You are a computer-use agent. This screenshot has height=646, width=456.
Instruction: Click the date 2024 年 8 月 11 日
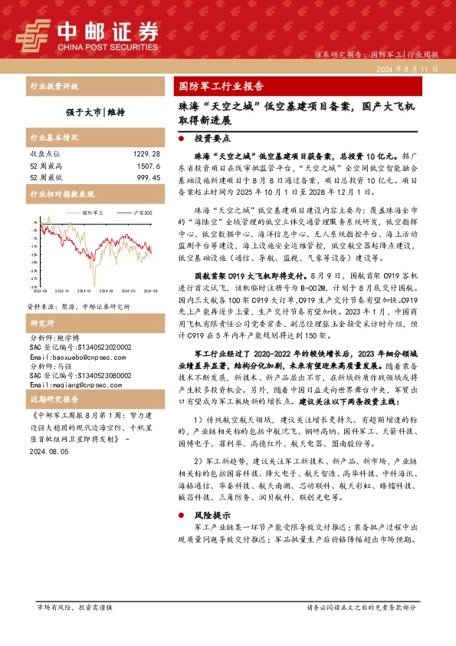[407, 69]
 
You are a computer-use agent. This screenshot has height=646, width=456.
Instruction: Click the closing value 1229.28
[145, 153]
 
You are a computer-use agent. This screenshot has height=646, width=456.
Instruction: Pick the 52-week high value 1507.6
[147, 165]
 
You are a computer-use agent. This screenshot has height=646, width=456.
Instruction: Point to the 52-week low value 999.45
[146, 176]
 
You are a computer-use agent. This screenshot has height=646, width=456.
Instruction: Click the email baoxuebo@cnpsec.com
[70, 358]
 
